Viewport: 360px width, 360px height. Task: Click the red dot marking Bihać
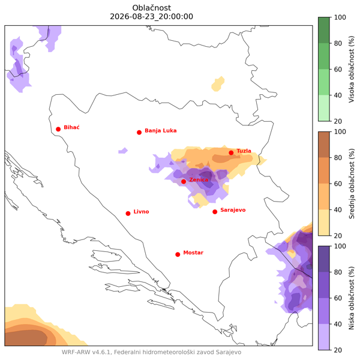click(x=58, y=129)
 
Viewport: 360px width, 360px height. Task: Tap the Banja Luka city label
click(x=160, y=131)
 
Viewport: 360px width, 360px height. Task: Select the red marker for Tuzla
click(x=231, y=152)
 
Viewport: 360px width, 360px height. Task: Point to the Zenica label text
click(x=199, y=179)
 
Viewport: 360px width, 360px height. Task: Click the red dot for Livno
click(x=128, y=214)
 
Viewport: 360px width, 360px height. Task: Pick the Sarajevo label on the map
click(x=233, y=210)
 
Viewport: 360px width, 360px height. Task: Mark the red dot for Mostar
click(x=178, y=254)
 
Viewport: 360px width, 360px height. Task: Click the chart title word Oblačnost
click(x=152, y=8)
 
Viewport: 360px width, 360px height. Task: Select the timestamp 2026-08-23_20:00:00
click(x=152, y=17)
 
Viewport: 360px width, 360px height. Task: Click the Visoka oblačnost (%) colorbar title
click(x=352, y=69)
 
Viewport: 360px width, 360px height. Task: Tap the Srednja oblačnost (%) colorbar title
click(x=352, y=184)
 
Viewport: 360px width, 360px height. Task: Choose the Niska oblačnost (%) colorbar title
click(x=352, y=298)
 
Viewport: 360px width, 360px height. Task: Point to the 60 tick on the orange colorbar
click(x=338, y=184)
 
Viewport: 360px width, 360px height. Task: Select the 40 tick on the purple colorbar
click(x=338, y=324)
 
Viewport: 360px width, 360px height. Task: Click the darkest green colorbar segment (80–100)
click(x=324, y=31)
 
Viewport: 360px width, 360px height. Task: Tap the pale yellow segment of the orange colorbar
click(x=324, y=223)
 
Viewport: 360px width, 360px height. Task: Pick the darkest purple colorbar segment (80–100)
click(x=324, y=259)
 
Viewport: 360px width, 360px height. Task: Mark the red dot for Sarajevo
click(x=215, y=212)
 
